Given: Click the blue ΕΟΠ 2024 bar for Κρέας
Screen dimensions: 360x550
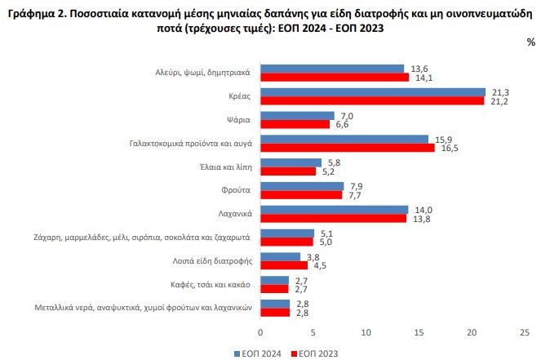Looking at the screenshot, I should click(372, 92).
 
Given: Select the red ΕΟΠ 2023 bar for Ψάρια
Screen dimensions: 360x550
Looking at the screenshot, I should click(295, 124).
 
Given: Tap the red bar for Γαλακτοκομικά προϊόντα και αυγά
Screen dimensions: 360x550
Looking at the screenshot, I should click(347, 148).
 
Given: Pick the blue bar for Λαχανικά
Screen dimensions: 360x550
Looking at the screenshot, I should click(334, 209).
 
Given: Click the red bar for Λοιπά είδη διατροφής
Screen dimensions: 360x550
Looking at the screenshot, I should click(284, 264).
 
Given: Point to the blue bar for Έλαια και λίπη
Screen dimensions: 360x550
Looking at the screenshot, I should click(291, 162).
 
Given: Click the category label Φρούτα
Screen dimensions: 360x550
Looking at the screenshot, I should click(236, 190).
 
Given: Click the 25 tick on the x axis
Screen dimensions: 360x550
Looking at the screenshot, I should click(524, 332).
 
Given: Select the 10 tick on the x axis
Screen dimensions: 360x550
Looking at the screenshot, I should click(366, 332).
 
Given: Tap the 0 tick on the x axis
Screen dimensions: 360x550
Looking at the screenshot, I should click(260, 332).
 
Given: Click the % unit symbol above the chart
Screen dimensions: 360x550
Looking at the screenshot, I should click(531, 42).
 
